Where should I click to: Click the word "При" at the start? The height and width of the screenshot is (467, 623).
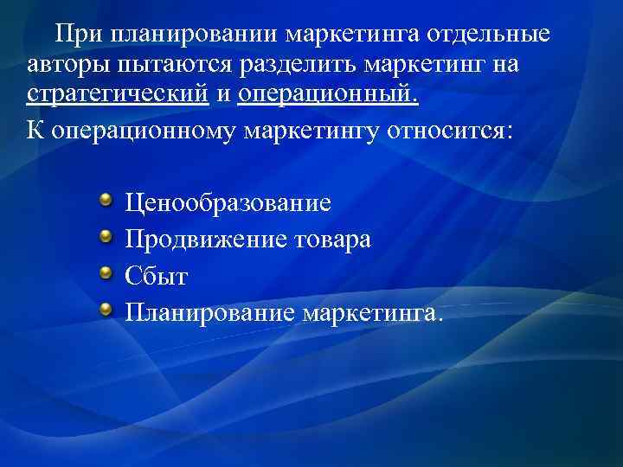(x=75, y=35)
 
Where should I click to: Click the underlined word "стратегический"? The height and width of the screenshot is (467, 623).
(x=118, y=94)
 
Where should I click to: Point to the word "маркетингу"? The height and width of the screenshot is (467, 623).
(x=320, y=132)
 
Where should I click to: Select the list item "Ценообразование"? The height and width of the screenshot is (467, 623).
(x=228, y=204)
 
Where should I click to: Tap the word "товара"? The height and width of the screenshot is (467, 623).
(x=332, y=239)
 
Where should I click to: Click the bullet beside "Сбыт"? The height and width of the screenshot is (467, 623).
(x=105, y=272)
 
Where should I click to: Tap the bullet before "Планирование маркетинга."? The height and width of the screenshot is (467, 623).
(x=105, y=308)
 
